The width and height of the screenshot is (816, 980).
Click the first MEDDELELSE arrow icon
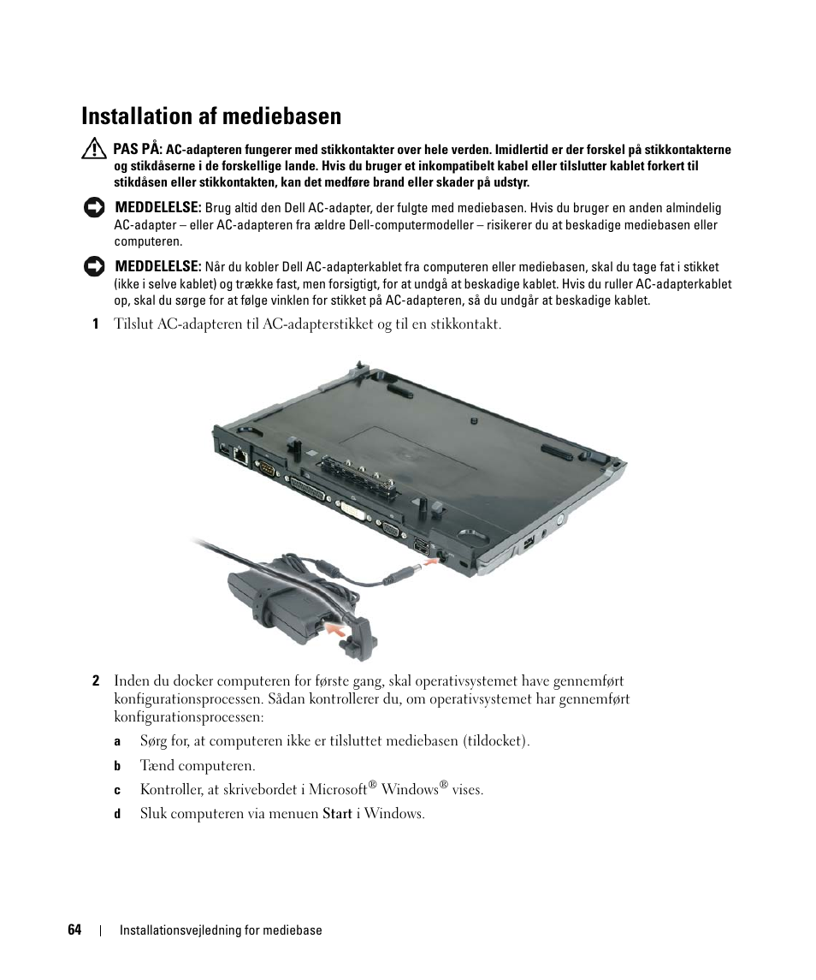point(94,208)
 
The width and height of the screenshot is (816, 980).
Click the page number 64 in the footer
point(74,930)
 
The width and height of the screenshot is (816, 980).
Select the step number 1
point(96,324)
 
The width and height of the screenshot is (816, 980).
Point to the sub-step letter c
point(117,790)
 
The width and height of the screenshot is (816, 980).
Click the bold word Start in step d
point(337,814)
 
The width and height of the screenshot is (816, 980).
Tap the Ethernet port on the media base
point(240,454)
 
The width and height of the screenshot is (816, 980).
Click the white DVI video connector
point(352,508)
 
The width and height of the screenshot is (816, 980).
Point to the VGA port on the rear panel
point(391,529)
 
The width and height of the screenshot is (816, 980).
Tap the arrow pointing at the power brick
point(336,629)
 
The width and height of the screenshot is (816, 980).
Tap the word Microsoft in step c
point(338,789)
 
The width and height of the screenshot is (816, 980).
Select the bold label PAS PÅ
point(138,149)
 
